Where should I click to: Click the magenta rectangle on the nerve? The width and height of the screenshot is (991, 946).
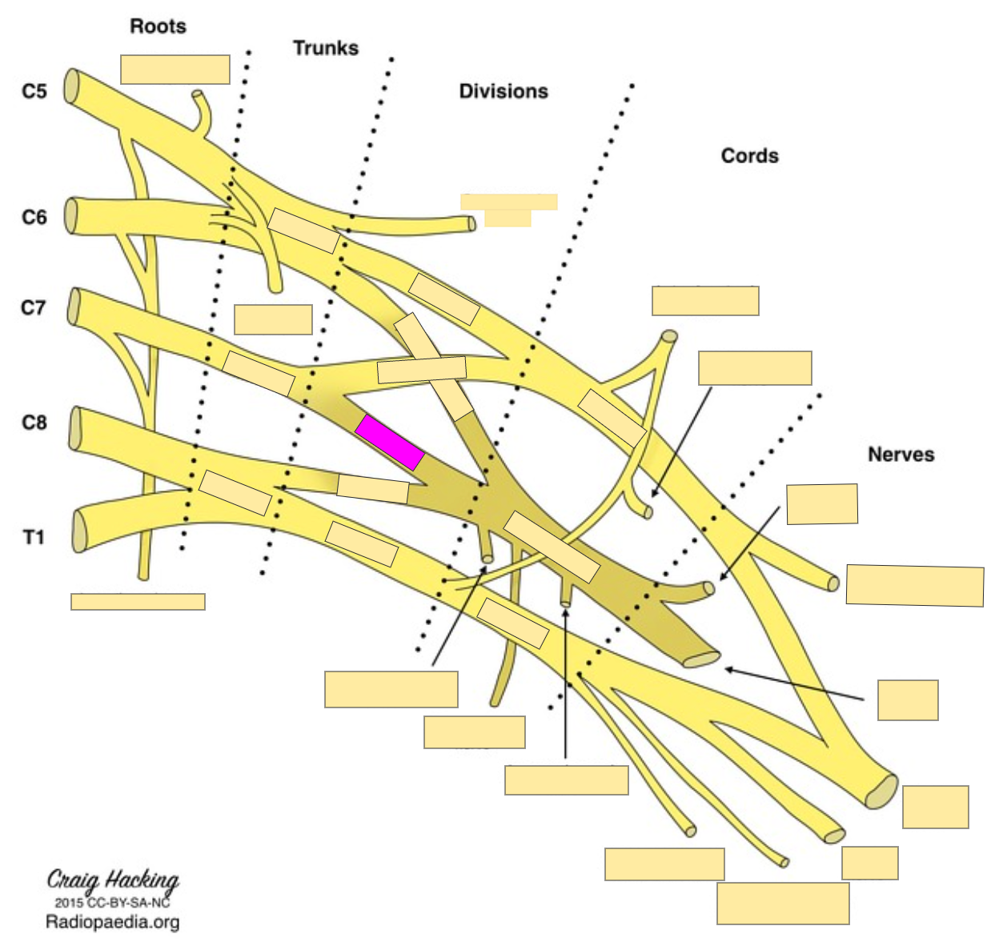pyautogui.click(x=390, y=443)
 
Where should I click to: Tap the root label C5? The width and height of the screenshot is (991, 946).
pyautogui.click(x=34, y=91)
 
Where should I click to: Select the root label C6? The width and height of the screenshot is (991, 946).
pyautogui.click(x=34, y=217)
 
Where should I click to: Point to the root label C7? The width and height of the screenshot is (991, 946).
pyautogui.click(x=34, y=307)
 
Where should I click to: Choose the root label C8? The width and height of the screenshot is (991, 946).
pyautogui.click(x=34, y=422)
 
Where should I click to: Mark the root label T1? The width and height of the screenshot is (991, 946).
pyautogui.click(x=34, y=537)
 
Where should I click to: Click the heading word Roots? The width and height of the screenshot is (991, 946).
pyautogui.click(x=158, y=26)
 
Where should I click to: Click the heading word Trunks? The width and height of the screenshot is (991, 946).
pyautogui.click(x=325, y=48)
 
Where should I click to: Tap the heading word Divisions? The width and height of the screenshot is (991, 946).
pyautogui.click(x=503, y=91)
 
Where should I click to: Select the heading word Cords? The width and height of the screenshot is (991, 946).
pyautogui.click(x=749, y=155)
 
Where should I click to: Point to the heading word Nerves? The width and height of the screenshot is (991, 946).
pyautogui.click(x=901, y=455)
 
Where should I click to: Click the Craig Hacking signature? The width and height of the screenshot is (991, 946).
pyautogui.click(x=113, y=880)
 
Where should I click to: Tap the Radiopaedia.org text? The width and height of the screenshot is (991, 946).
pyautogui.click(x=113, y=922)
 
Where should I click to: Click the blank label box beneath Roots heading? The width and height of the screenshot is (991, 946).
pyautogui.click(x=175, y=70)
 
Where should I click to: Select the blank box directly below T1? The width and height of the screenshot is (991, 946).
pyautogui.click(x=138, y=602)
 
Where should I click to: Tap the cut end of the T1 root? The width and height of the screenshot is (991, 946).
pyautogui.click(x=78, y=531)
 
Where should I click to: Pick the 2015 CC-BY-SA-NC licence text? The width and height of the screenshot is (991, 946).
pyautogui.click(x=113, y=902)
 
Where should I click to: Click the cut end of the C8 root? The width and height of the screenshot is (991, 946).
pyautogui.click(x=76, y=427)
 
